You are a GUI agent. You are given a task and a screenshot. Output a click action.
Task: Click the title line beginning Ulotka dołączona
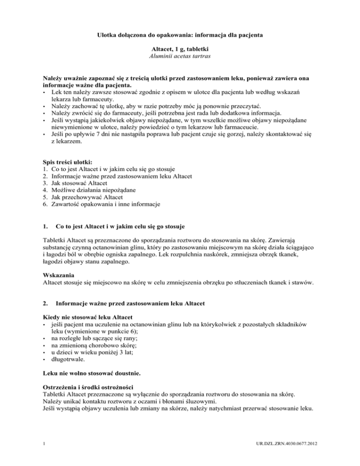pyautogui.click(x=180, y=35)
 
